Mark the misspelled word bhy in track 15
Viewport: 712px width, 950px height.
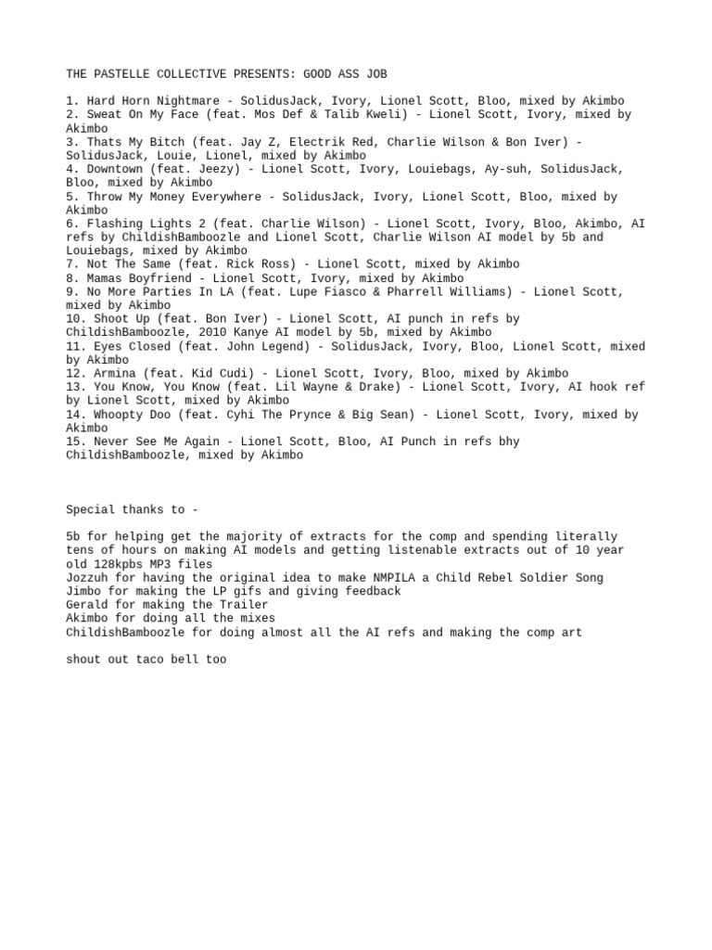click(x=509, y=442)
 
